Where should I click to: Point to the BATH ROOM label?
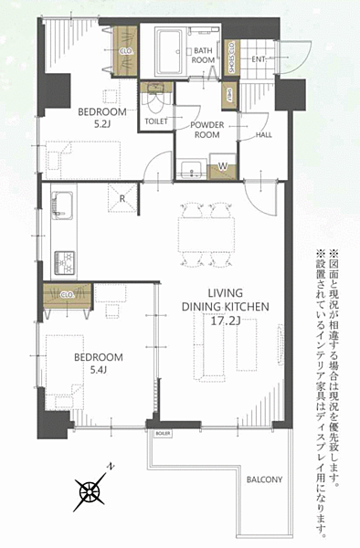click(x=203, y=54)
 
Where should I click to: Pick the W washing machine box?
click(x=220, y=167)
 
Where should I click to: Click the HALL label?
click(x=263, y=134)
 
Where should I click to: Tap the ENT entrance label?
click(x=259, y=60)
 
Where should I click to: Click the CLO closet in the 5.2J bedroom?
click(x=124, y=52)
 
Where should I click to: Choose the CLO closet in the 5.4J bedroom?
click(x=66, y=295)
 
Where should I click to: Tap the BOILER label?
click(x=163, y=433)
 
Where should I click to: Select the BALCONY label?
click(x=264, y=479)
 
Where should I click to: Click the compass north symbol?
click(x=91, y=490)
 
